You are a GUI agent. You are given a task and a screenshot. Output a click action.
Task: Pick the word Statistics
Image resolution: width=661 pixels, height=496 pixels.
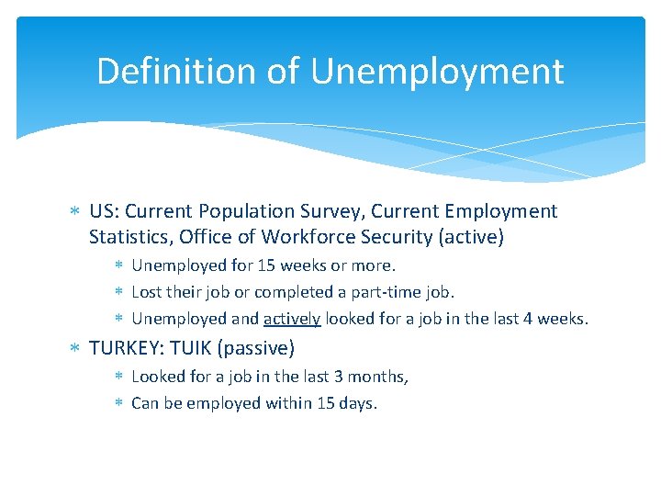pyautogui.click(x=129, y=238)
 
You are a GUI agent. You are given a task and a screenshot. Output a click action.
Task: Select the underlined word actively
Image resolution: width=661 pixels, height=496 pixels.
pyautogui.click(x=292, y=319)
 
